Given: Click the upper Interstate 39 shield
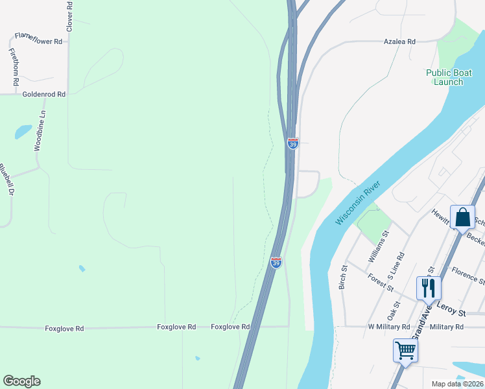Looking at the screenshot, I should [293, 143].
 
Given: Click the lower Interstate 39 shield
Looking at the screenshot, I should [276, 263].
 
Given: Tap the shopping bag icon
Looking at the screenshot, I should [463, 217].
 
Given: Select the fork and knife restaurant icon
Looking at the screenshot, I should [429, 287].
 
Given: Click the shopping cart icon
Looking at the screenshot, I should [405, 351].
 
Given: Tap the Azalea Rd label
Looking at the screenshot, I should [399, 41].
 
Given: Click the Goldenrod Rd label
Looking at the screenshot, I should [44, 94].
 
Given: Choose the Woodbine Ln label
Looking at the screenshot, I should [40, 130].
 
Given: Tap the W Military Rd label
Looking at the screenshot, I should [389, 327].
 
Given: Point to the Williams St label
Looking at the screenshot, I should [378, 246].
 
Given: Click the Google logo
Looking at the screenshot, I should [21, 381].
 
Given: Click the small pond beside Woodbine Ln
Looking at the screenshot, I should [23, 132].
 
